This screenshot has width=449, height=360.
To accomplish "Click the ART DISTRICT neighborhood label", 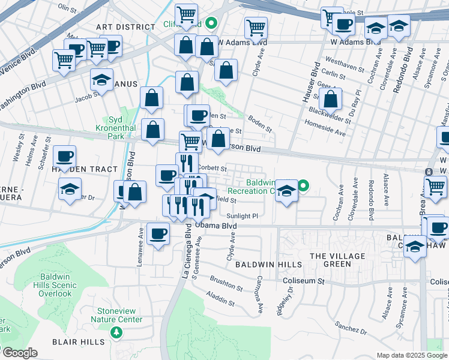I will pyautogui.click(x=125, y=27).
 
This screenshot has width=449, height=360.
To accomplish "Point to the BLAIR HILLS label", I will pyautogui.click(x=83, y=341).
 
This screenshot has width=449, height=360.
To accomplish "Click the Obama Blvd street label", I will pyautogui.click(x=216, y=226).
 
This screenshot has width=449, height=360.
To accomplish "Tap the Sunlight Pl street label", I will pyautogui.click(x=242, y=215).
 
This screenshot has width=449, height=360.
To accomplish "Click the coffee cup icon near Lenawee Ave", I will pyautogui.click(x=158, y=234).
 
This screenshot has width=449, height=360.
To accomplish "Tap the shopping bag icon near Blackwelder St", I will pyautogui.click(x=330, y=100).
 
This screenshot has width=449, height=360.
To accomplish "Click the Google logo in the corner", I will pyautogui.click(x=19, y=353).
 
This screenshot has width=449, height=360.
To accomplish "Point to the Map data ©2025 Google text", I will pyautogui.click(x=411, y=355).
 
